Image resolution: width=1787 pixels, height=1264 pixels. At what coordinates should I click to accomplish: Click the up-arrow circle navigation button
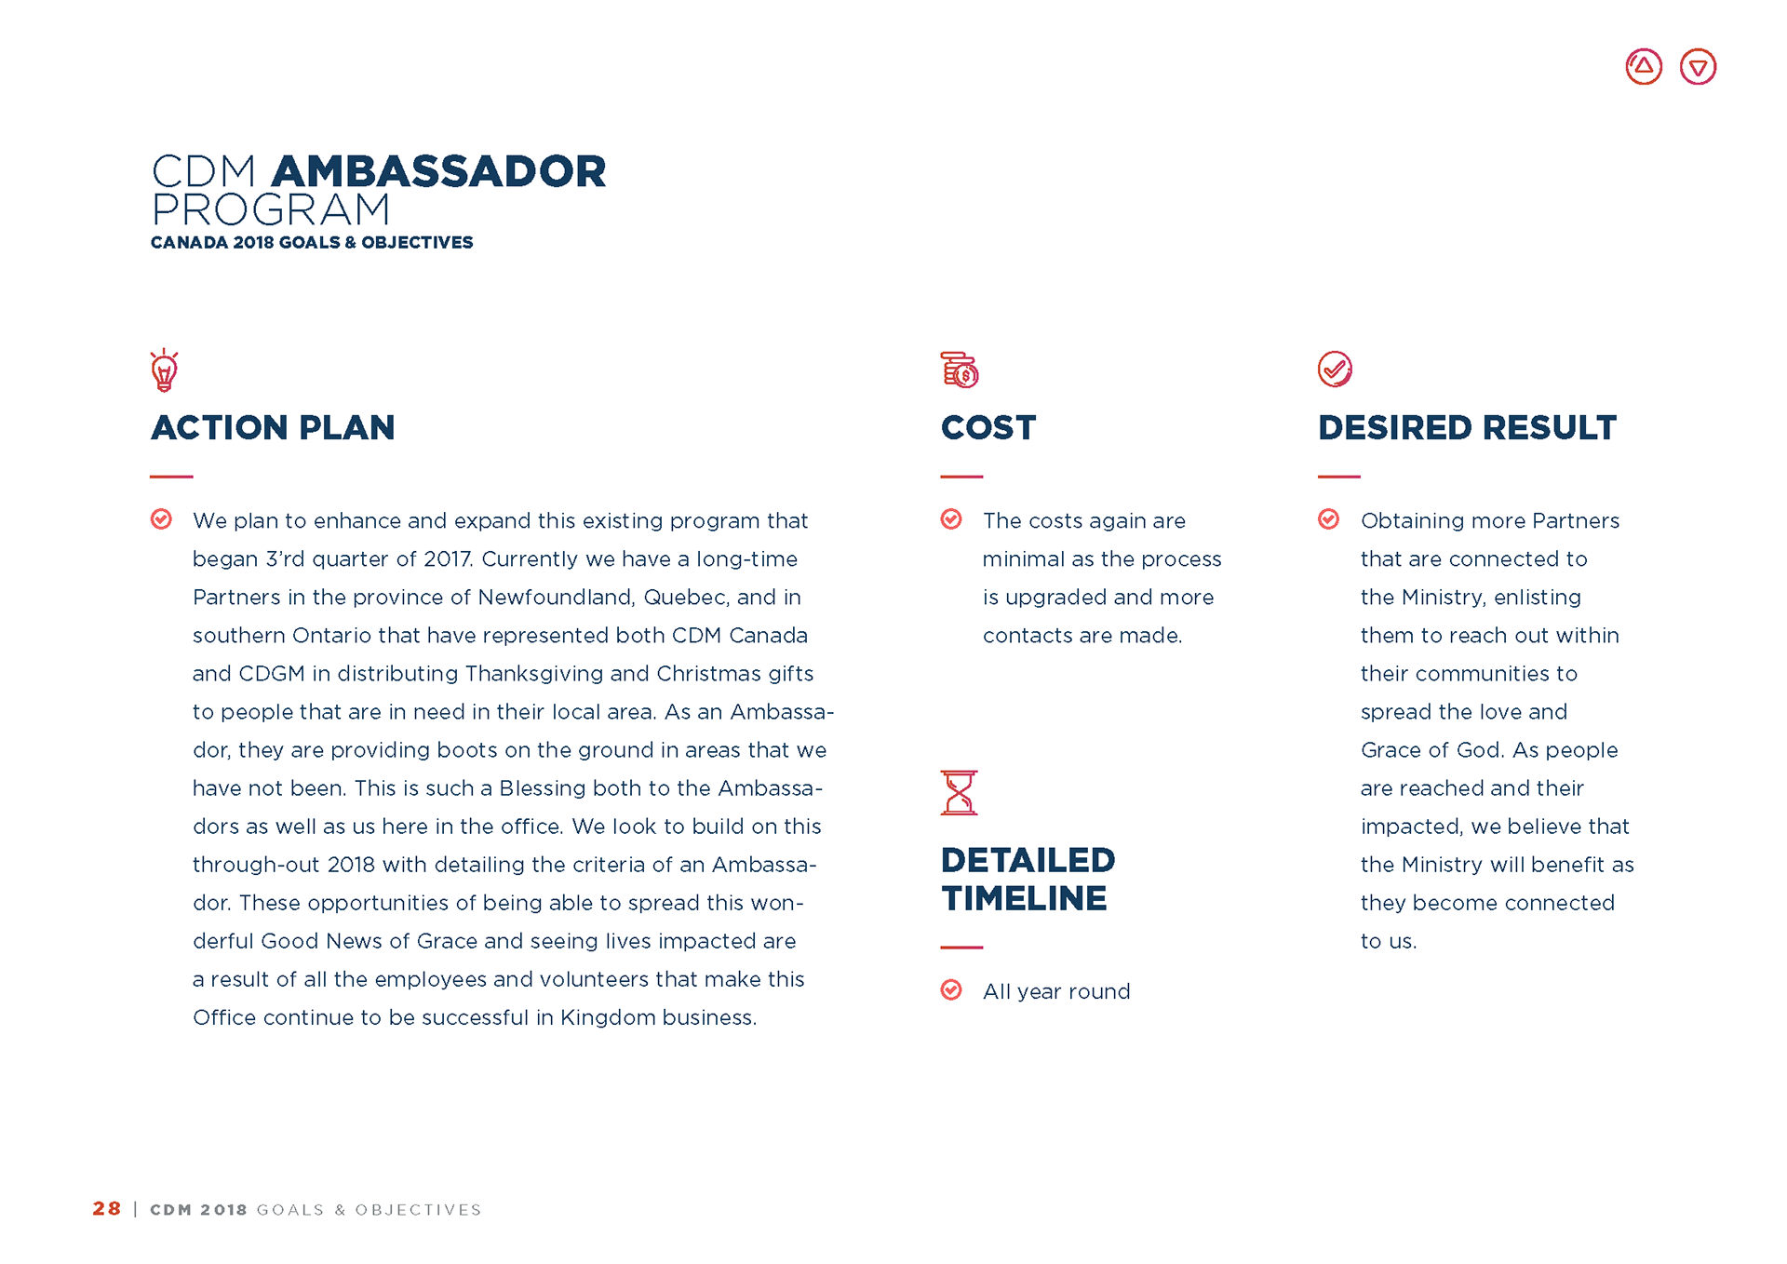(x=1643, y=67)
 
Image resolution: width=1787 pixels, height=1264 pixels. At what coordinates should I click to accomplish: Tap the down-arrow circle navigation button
(x=1698, y=67)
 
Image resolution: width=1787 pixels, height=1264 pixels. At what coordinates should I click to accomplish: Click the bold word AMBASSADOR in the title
(x=438, y=172)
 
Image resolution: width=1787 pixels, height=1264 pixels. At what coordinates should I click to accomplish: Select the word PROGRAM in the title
(x=271, y=210)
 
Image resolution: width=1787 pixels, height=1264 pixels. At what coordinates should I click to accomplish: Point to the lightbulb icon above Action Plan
(x=164, y=370)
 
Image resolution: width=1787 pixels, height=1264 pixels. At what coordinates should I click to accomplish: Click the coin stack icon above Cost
(x=959, y=370)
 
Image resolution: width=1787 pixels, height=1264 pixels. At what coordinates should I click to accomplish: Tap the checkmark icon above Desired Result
(x=1335, y=369)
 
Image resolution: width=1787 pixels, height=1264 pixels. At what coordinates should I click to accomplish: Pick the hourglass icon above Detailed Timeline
(x=959, y=793)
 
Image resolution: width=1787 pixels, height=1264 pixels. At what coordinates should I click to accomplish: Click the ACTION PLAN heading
(x=273, y=428)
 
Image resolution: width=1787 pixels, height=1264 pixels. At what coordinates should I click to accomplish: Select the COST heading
(x=988, y=428)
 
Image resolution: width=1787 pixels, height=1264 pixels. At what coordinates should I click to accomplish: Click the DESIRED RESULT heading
(x=1467, y=428)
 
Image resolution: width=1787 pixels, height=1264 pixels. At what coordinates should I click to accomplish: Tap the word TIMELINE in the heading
(x=1024, y=899)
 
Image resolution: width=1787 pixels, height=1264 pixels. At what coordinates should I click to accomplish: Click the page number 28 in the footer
(x=107, y=1208)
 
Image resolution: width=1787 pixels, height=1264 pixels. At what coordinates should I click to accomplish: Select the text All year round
(x=1056, y=992)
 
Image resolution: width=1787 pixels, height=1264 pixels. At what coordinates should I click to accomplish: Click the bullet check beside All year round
(x=951, y=989)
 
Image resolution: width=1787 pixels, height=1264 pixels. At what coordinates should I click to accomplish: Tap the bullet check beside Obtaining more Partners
(x=1328, y=519)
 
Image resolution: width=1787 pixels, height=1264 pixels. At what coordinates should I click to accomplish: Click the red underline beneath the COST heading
(x=961, y=477)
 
